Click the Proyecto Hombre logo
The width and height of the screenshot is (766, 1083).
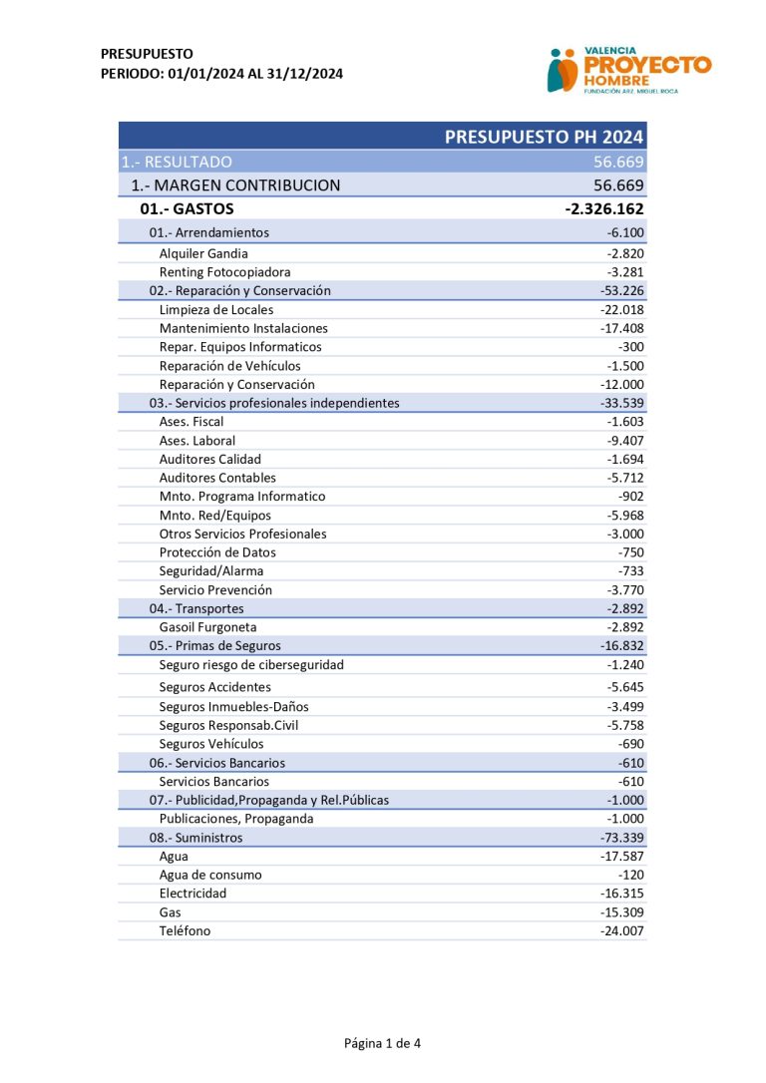[628, 70]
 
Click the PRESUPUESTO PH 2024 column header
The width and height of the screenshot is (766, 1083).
[544, 137]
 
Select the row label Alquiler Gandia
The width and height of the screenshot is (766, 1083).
[203, 253]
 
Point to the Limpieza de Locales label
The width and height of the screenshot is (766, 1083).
[215, 309]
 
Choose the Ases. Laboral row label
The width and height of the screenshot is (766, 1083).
[197, 441]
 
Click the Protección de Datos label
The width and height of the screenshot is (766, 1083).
[217, 552]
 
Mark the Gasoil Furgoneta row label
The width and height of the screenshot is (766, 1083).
[207, 627]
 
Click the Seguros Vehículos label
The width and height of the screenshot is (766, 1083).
[211, 744]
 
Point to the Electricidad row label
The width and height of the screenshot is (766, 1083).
[192, 894]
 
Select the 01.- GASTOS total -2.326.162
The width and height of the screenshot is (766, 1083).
[604, 209]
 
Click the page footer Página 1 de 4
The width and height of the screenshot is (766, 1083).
[382, 1044]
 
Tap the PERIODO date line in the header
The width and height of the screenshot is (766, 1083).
[222, 73]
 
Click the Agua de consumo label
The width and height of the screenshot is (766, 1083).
[210, 875]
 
